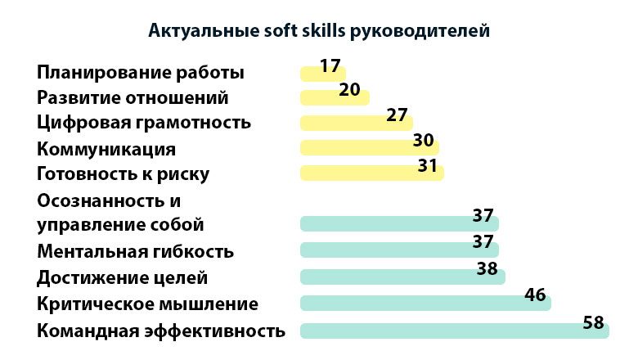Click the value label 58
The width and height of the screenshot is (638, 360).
pos(593,322)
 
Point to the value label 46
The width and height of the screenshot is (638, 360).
pos(535,295)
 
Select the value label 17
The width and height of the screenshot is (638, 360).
pos(330,65)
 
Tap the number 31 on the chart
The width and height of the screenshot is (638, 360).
pos(427,165)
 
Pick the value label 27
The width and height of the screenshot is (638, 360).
pos(397,115)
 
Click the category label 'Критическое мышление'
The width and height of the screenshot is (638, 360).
pos(148,304)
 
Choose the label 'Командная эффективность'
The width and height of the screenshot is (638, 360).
pos(161,331)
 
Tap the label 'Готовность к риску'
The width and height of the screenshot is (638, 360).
pos(124,174)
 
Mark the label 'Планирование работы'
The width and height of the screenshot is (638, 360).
pos(141,73)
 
